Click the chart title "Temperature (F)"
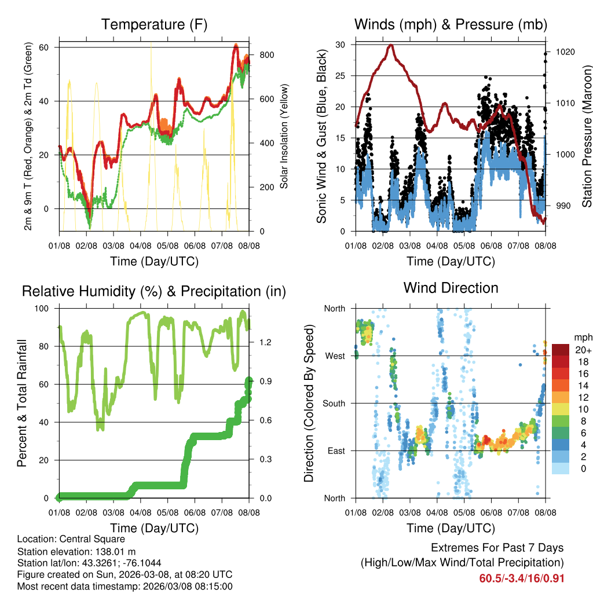click(x=153, y=24)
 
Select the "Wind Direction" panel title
click(x=451, y=288)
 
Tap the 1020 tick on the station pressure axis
click(x=564, y=52)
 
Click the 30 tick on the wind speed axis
click(x=341, y=45)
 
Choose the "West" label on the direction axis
click(x=334, y=356)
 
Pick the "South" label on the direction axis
click(x=333, y=403)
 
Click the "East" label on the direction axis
click(x=335, y=451)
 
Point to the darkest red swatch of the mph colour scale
click(x=562, y=350)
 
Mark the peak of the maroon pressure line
click(x=391, y=45)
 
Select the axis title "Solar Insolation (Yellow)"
click(x=284, y=137)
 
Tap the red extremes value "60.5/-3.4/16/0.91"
click(x=522, y=579)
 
